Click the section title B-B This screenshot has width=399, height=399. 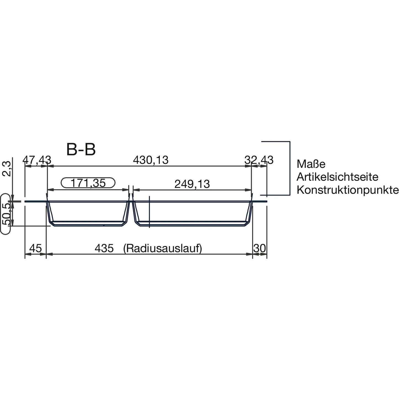(x=81, y=150)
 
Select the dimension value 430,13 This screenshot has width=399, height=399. (x=151, y=160)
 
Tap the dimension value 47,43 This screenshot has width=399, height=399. (x=37, y=160)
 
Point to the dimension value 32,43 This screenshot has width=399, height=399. (x=259, y=160)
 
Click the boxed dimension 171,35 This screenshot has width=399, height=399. (x=88, y=183)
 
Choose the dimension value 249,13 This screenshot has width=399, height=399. (x=192, y=184)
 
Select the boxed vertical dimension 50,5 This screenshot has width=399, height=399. (x=6, y=214)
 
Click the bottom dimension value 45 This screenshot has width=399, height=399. (x=35, y=248)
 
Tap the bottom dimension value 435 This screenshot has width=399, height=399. (x=104, y=248)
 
